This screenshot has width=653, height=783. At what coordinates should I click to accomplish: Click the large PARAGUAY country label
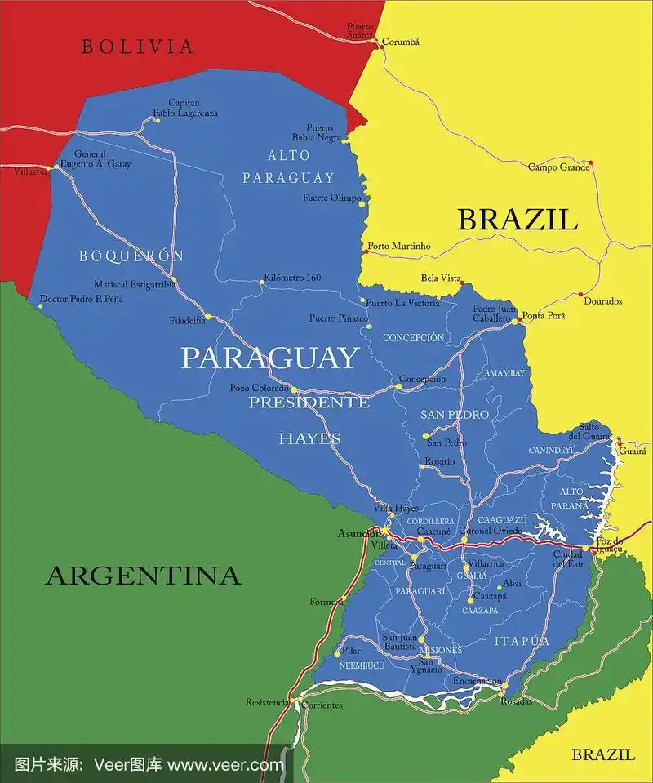pyautogui.click(x=269, y=358)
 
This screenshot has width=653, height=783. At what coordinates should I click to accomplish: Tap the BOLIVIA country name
pyautogui.click(x=138, y=47)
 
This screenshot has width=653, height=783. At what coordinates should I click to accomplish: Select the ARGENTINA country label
pyautogui.click(x=143, y=576)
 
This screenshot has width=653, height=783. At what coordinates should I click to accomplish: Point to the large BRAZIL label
pyautogui.click(x=518, y=220)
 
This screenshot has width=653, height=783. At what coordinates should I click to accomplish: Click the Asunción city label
pyautogui.click(x=360, y=533)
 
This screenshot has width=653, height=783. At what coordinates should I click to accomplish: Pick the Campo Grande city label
pyautogui.click(x=558, y=167)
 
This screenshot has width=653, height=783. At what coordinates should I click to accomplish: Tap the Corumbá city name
pyautogui.click(x=402, y=42)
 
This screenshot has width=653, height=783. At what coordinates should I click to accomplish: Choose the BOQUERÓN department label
pyautogui.click(x=131, y=256)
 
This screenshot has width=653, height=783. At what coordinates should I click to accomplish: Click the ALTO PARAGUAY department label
pyautogui.click(x=288, y=167)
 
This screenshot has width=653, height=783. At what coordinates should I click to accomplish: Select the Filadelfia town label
pyautogui.click(x=187, y=320)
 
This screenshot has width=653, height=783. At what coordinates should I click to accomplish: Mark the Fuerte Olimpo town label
pyautogui.click(x=331, y=198)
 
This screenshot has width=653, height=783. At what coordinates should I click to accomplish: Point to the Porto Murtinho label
pyautogui.click(x=398, y=246)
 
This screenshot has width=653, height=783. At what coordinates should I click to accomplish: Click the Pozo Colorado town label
pyautogui.click(x=259, y=388)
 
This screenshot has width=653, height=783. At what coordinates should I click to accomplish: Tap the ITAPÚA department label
pyautogui.click(x=522, y=642)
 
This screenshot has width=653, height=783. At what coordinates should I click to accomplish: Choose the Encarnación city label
pyautogui.click(x=478, y=680)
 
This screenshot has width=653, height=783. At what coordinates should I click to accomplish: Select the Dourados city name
pyautogui.click(x=602, y=301)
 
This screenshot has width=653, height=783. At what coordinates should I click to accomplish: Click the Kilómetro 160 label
pyautogui.click(x=292, y=278)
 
